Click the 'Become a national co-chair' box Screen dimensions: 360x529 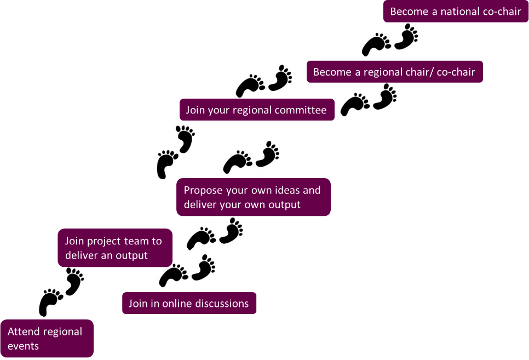click(456, 11)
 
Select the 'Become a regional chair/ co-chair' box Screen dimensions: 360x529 click(394, 72)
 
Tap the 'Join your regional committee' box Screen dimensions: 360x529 click(256, 110)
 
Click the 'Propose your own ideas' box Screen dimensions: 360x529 click(253, 197)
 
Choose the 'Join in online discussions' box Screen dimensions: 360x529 click(189, 303)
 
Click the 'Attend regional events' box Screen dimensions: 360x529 click(46, 339)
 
